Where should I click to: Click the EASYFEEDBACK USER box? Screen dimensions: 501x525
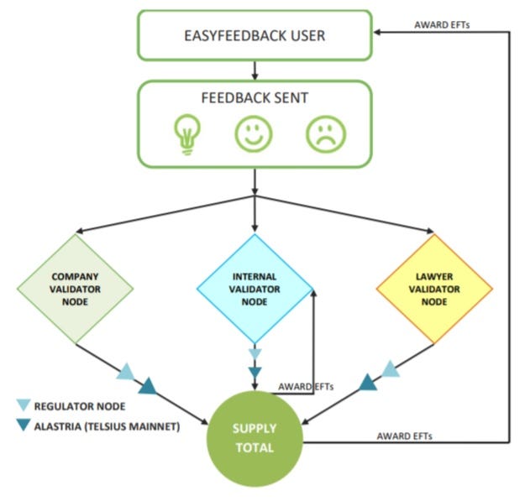pos(255,35)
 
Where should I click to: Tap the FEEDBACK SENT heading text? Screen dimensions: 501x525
pos(255,98)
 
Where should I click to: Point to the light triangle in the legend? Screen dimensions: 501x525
pos(24,406)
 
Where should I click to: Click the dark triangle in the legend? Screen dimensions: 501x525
pos(24,426)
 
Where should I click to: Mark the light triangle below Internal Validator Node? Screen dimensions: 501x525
pos(255,354)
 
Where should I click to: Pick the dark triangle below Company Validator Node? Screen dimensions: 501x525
pos(148,386)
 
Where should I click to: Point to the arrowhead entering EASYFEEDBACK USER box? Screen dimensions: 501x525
pos(380,33)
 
